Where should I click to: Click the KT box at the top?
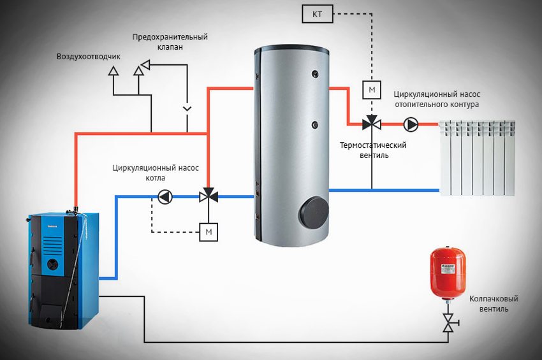317,13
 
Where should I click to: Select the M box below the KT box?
372,90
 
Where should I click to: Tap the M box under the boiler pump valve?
209,231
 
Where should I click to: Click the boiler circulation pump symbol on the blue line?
165,197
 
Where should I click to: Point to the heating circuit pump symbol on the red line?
412,124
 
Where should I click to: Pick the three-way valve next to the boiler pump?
208,197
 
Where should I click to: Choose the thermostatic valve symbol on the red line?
372,124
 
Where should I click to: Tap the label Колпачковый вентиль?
493,303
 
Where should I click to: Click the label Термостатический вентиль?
373,150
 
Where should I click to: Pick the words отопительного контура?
436,104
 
